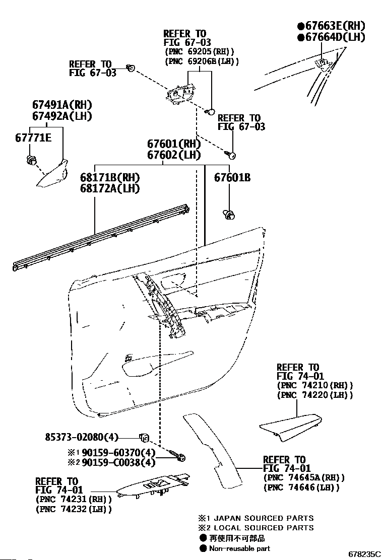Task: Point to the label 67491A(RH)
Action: click(62, 105)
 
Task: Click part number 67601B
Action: click(232, 177)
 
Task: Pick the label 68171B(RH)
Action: click(110, 178)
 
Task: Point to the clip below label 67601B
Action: click(229, 215)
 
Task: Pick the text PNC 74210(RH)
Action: click(314, 385)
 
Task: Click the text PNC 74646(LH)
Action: click(301, 487)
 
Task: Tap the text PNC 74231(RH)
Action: click(73, 499)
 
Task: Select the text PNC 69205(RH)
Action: click(200, 51)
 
